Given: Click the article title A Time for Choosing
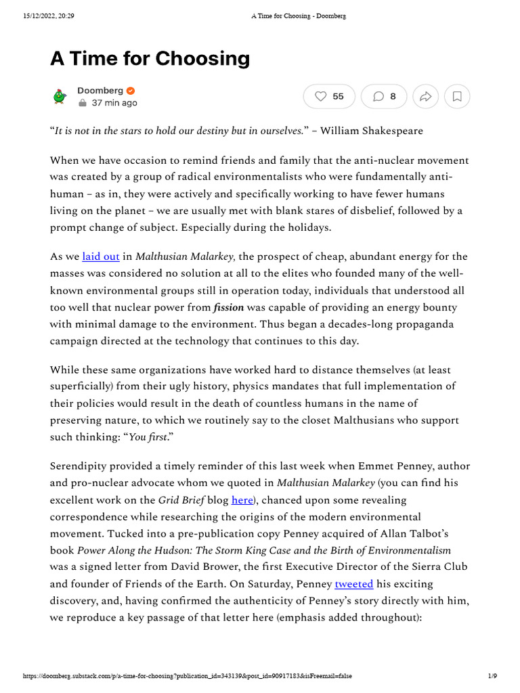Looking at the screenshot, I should pos(150,59).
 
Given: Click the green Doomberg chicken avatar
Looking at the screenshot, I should pos(60,97).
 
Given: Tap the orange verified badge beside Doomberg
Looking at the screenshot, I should pos(131,91).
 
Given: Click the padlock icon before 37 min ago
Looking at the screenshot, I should pos(82,104).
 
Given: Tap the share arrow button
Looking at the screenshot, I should pos(425,97).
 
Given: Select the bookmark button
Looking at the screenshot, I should pos(457,97).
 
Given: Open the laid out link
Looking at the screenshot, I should pos(100,256).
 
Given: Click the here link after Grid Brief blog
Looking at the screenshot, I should pos(242,500).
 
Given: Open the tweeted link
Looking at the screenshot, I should pos(355,583).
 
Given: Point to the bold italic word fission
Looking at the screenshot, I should pos(228,307).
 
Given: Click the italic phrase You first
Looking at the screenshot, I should pos(148,437).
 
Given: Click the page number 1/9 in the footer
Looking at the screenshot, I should pos(492,676).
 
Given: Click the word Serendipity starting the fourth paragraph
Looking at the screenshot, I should pos(83,466).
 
